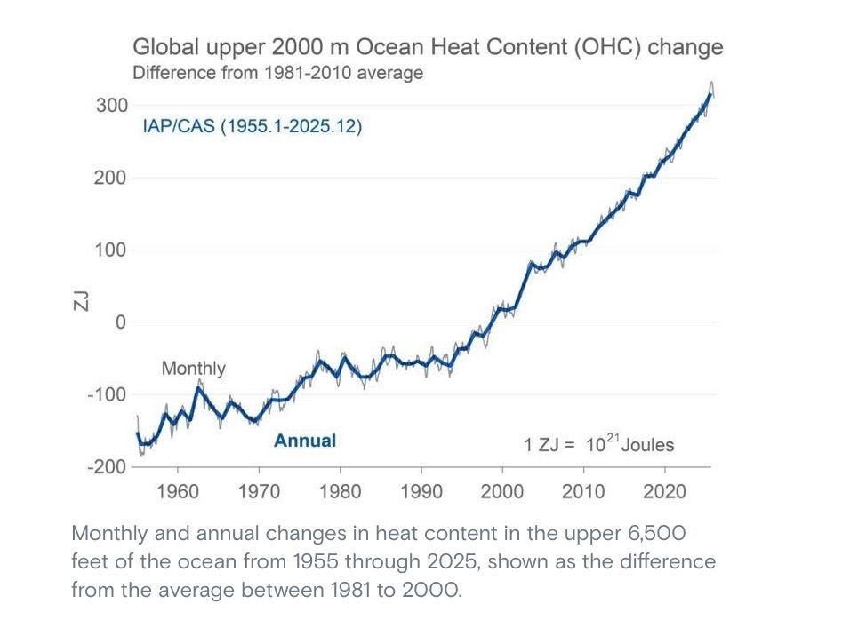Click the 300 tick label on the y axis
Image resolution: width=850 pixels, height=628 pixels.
(x=112, y=105)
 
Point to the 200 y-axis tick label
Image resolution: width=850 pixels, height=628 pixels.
(x=110, y=178)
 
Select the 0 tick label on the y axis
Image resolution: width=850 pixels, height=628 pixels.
(x=120, y=322)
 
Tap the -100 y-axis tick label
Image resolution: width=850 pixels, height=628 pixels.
(x=107, y=394)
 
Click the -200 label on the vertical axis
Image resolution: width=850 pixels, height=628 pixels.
(x=107, y=466)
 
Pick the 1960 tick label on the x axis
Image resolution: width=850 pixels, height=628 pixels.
(x=178, y=491)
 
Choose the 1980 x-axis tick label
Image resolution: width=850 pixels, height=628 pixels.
(x=340, y=491)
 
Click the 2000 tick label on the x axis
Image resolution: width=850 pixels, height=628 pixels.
(x=502, y=491)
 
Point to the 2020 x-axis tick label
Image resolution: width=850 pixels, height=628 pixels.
(x=664, y=491)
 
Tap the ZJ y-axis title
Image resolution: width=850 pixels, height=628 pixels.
(x=80, y=300)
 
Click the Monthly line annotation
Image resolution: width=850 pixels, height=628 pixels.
(x=194, y=369)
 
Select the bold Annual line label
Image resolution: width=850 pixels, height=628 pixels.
(x=305, y=441)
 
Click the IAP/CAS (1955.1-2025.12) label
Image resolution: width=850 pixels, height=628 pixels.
(x=253, y=126)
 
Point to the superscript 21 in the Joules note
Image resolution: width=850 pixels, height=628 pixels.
(x=612, y=438)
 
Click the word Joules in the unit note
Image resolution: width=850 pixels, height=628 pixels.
(x=648, y=445)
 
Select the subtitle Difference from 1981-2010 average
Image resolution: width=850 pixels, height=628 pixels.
(x=278, y=73)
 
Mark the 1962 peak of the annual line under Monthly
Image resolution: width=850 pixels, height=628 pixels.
(x=199, y=387)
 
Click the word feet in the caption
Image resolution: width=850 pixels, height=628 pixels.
(x=90, y=561)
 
